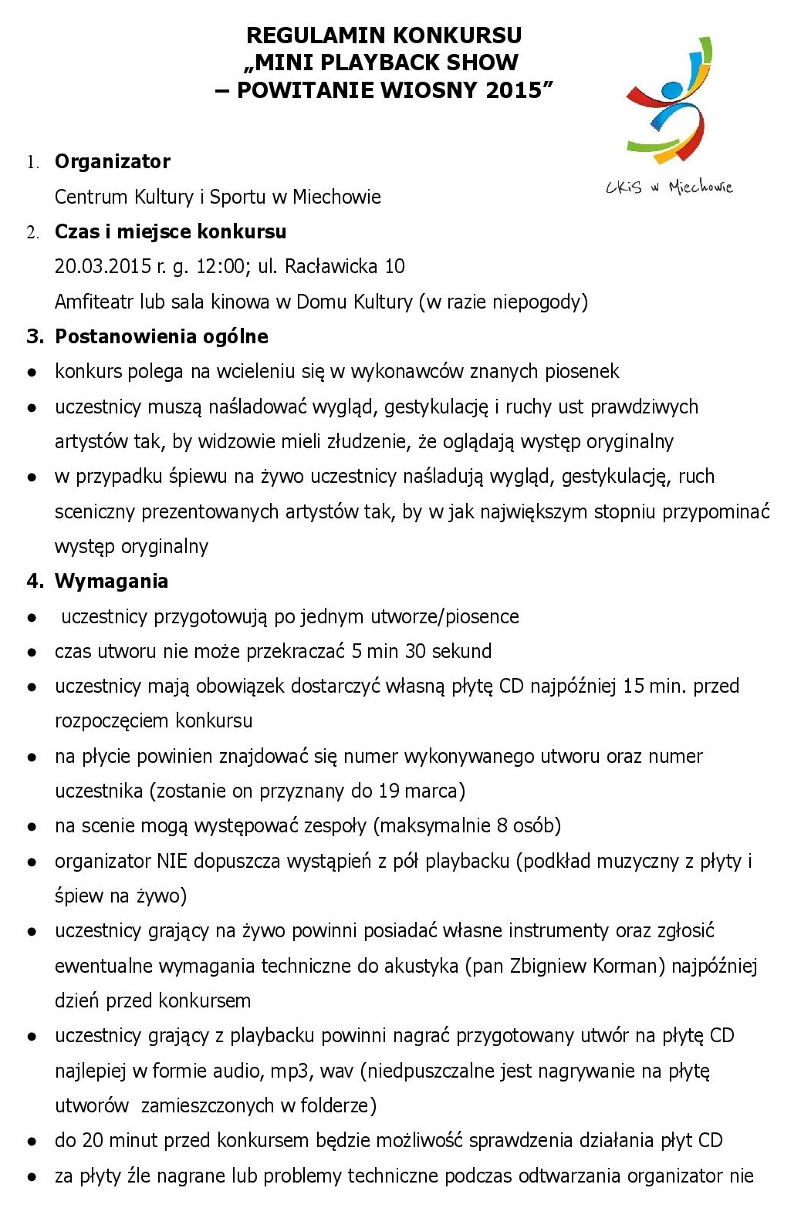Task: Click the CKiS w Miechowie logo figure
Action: coord(668,100)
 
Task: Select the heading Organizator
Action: coord(113,161)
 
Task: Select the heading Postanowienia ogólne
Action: coord(161,336)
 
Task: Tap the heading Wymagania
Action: coord(111,581)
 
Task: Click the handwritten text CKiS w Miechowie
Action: coord(668,187)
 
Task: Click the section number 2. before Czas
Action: coord(32,232)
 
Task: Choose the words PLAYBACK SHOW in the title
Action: coord(431,62)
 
